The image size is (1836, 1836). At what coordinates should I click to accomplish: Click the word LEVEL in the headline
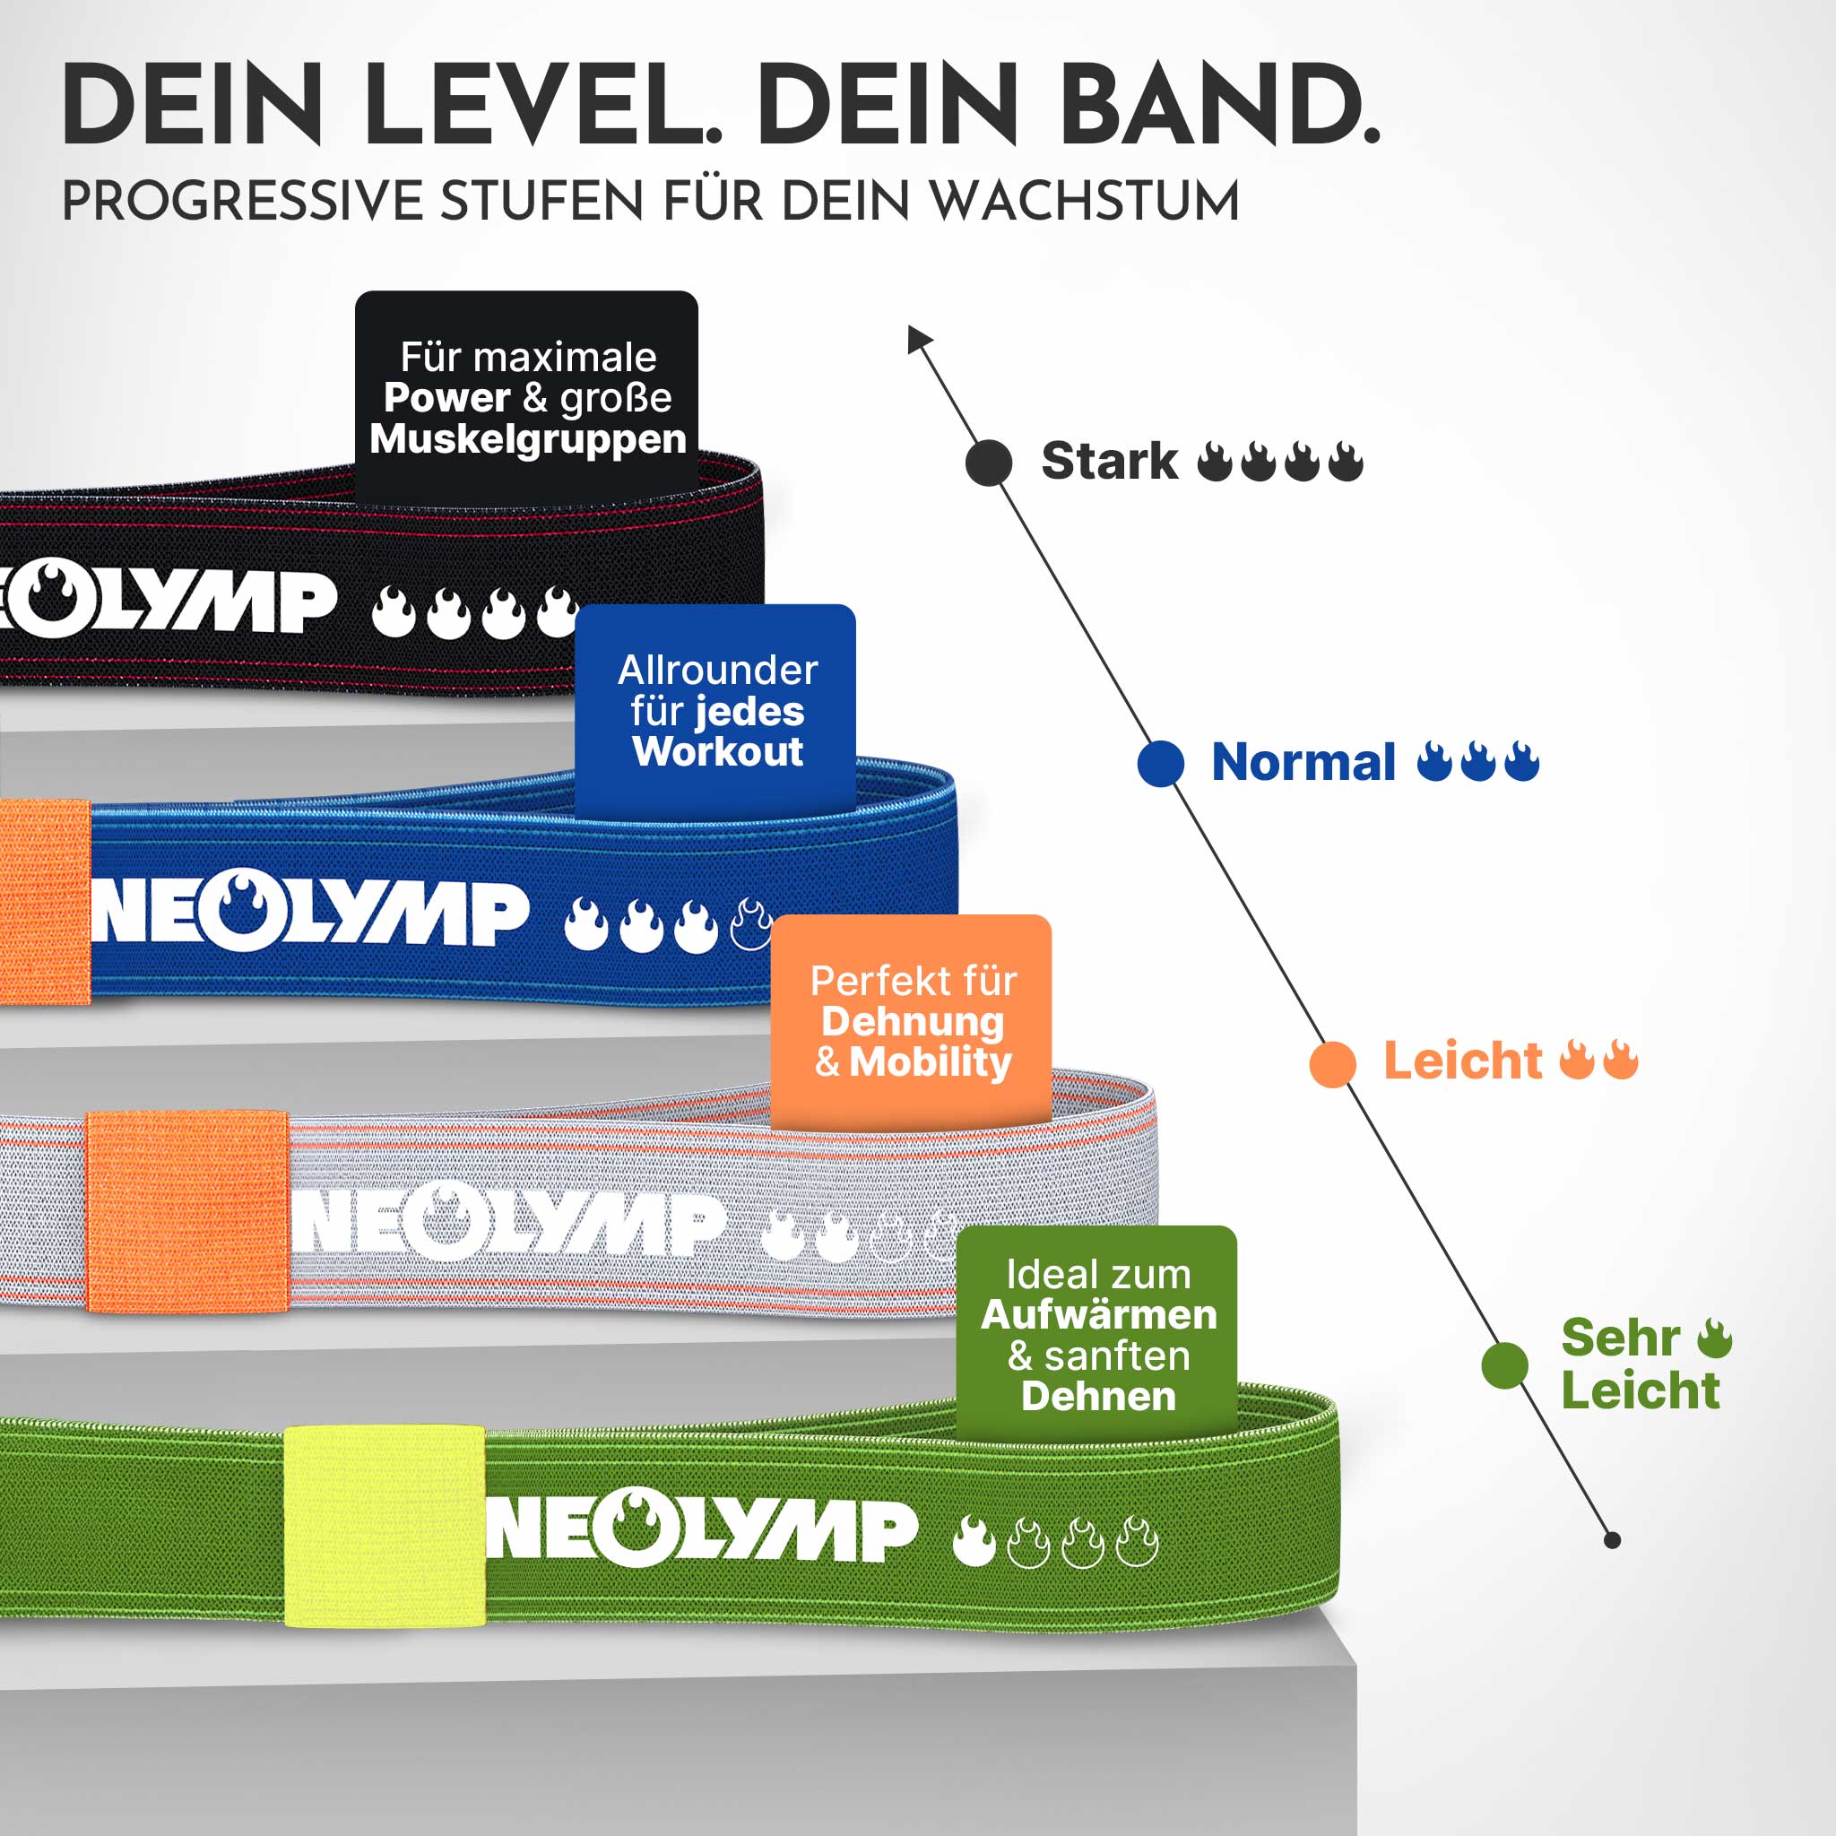pos(541,105)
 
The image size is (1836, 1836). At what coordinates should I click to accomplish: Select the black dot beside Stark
pos(988,463)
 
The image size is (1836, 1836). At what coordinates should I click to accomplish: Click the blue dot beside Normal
pos(1160,763)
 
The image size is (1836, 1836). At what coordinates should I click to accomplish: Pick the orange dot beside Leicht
pos(1332,1063)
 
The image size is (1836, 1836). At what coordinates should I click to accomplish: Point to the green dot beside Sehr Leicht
pos(1504,1364)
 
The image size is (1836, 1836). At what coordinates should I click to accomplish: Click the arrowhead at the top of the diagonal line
pos(917,336)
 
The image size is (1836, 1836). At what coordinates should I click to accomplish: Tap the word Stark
pos(1109,462)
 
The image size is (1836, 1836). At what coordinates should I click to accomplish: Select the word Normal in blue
pos(1303,762)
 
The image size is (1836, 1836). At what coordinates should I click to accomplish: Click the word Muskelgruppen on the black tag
pos(527,439)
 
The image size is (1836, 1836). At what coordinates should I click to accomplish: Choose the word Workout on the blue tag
pos(717,751)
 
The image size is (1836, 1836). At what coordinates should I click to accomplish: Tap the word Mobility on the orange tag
pos(930,1062)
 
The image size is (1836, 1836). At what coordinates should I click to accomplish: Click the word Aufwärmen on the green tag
pos(1098,1315)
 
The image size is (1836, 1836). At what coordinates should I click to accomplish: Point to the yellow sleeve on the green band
pos(384,1525)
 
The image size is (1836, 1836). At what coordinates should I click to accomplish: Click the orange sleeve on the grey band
pos(187,1212)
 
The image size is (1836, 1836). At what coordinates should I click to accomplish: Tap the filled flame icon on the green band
pos(974,1541)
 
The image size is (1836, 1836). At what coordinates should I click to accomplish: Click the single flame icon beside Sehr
pos(1715,1338)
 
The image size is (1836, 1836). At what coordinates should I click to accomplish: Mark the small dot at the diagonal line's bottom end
pos(1613,1540)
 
